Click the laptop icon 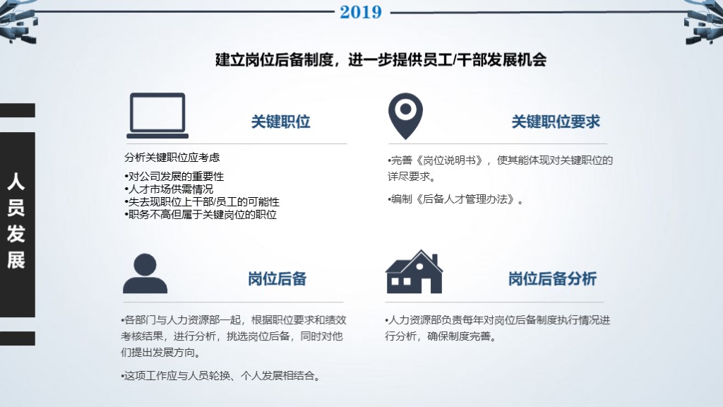[x=157, y=116]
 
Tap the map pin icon [x=405, y=116]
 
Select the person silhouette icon [x=145, y=273]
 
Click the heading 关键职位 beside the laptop [x=280, y=122]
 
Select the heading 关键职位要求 [x=555, y=122]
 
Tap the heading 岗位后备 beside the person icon [x=277, y=278]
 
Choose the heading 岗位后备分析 [x=552, y=278]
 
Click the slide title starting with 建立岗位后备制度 [x=381, y=59]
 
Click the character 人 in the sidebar [x=16, y=182]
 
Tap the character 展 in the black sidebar [x=16, y=260]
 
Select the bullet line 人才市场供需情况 [x=169, y=189]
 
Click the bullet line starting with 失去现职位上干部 [x=202, y=202]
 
